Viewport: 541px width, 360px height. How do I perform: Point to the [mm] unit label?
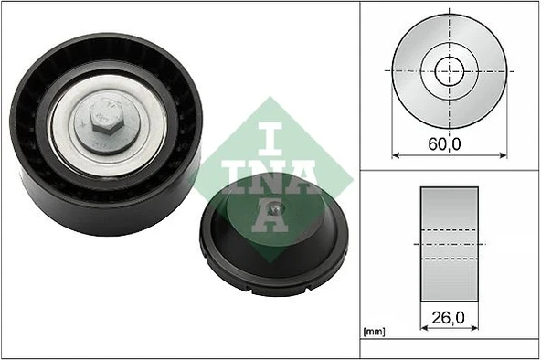(376, 330)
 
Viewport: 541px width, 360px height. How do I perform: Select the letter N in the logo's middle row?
(271, 175)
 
